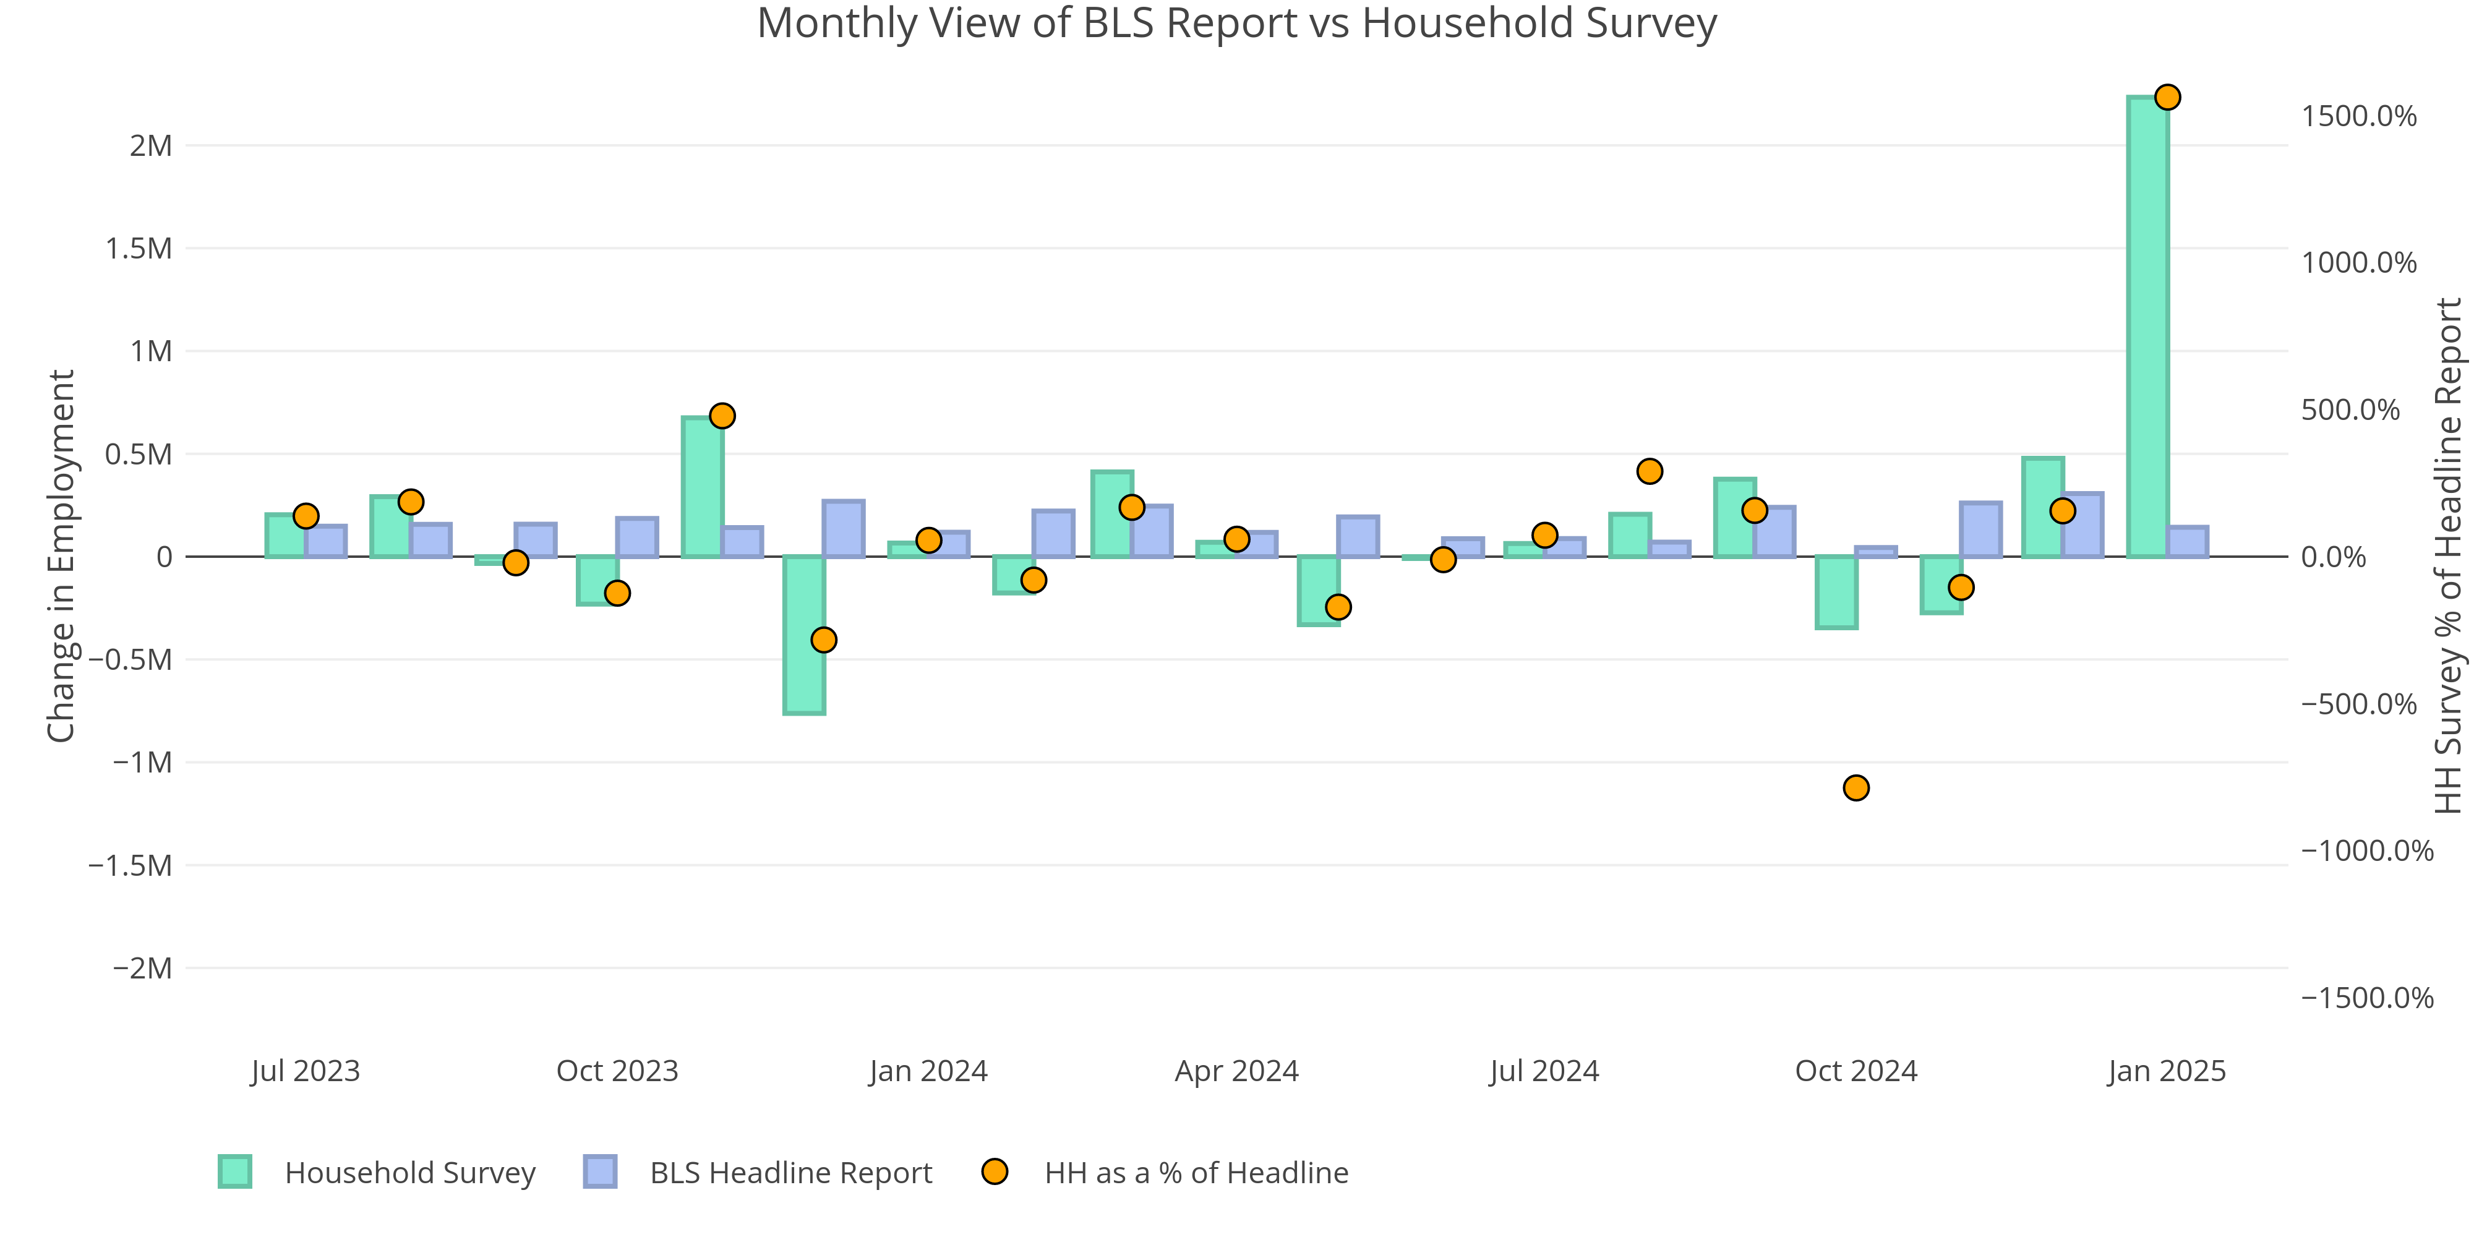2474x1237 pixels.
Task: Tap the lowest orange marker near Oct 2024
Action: pyautogui.click(x=1857, y=787)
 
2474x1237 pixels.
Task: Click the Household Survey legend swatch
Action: pyautogui.click(x=235, y=1171)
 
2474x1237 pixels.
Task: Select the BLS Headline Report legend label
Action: pyautogui.click(x=790, y=1173)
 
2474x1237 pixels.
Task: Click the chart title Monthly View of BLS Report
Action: pyautogui.click(x=1236, y=23)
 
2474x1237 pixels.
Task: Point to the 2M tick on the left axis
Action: pyautogui.click(x=151, y=146)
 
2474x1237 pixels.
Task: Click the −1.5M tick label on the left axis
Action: pyautogui.click(x=130, y=865)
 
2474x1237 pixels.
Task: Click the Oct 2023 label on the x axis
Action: pyautogui.click(x=617, y=1071)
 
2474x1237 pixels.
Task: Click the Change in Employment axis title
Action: pyautogui.click(x=61, y=556)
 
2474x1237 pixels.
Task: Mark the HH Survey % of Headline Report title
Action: pyautogui.click(x=2449, y=556)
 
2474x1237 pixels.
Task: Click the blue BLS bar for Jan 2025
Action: pyautogui.click(x=2187, y=542)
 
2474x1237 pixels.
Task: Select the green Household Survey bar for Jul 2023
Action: pyautogui.click(x=285, y=536)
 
